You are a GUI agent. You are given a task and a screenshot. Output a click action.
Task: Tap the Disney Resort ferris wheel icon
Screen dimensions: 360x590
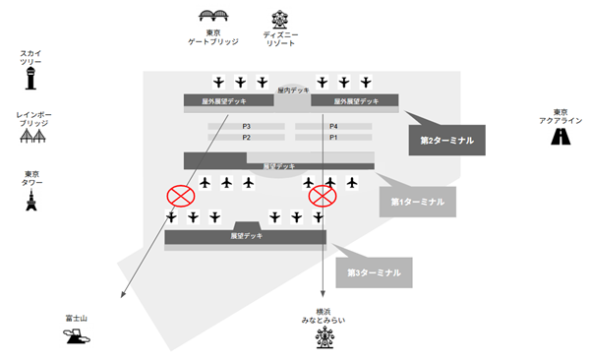(280, 18)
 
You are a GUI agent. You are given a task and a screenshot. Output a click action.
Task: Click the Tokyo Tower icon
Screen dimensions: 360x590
(31, 203)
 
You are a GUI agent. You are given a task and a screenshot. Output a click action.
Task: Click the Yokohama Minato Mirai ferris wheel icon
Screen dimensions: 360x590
(324, 339)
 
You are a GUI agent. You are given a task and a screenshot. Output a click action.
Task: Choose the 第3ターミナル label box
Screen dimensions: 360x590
(374, 272)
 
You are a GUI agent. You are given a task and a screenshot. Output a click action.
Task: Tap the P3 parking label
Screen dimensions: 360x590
(247, 127)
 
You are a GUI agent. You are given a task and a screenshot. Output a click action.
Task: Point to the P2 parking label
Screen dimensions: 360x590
(247, 138)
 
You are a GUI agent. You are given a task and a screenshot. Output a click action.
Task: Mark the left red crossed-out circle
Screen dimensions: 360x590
(180, 195)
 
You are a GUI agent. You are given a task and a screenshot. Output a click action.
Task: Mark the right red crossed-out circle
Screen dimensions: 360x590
(322, 195)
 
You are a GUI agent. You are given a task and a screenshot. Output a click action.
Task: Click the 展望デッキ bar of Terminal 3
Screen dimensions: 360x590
(246, 236)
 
